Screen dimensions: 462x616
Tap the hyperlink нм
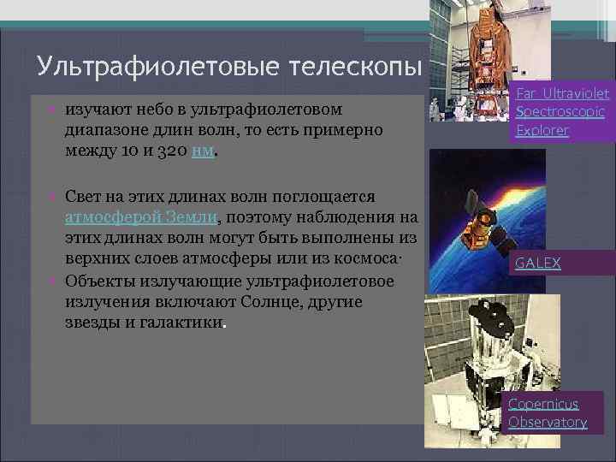(x=202, y=151)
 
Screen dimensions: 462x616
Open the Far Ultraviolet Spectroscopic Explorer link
(x=562, y=112)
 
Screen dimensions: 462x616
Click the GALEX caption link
(x=537, y=264)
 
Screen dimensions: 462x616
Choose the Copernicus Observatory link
(x=548, y=412)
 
